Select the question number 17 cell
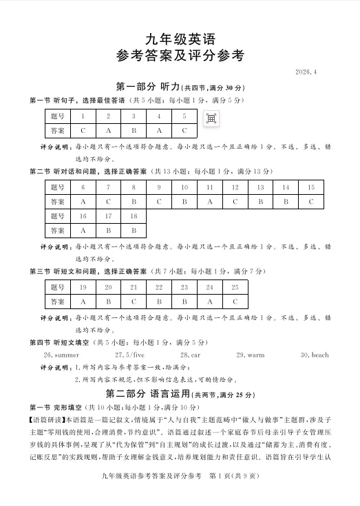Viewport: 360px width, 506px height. pyautogui.click(x=108, y=216)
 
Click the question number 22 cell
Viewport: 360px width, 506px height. pyautogui.click(x=159, y=287)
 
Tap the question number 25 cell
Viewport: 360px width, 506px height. pyautogui.click(x=235, y=287)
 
